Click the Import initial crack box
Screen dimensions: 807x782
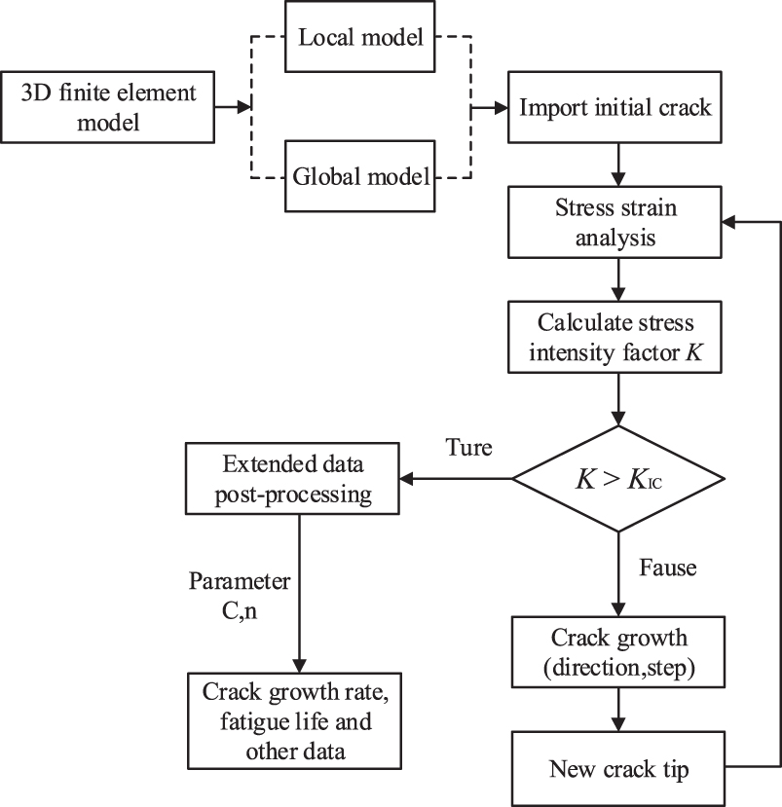(615, 109)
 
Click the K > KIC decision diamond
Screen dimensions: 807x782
(618, 478)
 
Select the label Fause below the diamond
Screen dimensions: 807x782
(667, 566)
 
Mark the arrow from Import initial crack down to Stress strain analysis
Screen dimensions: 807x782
(615, 163)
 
